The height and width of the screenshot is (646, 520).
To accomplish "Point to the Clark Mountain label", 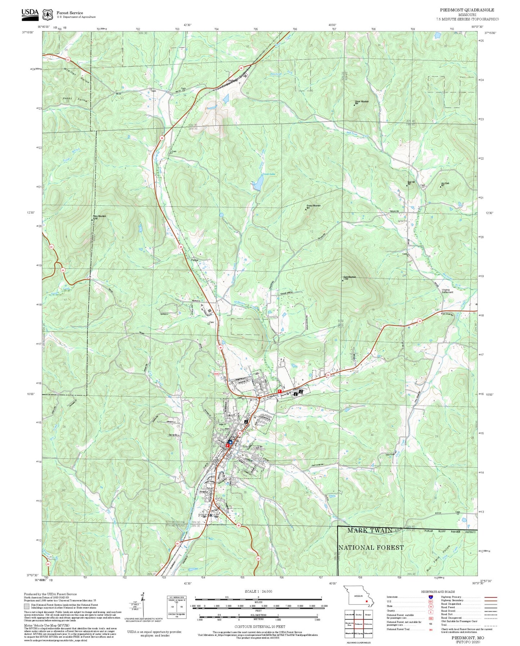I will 349,277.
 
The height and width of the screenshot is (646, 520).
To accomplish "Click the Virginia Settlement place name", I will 447,291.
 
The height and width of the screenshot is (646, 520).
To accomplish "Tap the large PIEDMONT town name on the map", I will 208,515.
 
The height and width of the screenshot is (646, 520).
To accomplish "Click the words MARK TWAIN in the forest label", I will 370,530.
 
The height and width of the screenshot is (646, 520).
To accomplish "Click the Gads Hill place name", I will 233,81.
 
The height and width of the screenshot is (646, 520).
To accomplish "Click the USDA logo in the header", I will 30,13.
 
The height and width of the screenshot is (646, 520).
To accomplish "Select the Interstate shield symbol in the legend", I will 430,597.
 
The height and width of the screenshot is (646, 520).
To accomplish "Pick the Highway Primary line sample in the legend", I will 490,597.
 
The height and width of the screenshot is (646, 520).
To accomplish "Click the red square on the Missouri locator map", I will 366,601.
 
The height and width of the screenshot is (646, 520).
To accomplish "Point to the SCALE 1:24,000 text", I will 258,591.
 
